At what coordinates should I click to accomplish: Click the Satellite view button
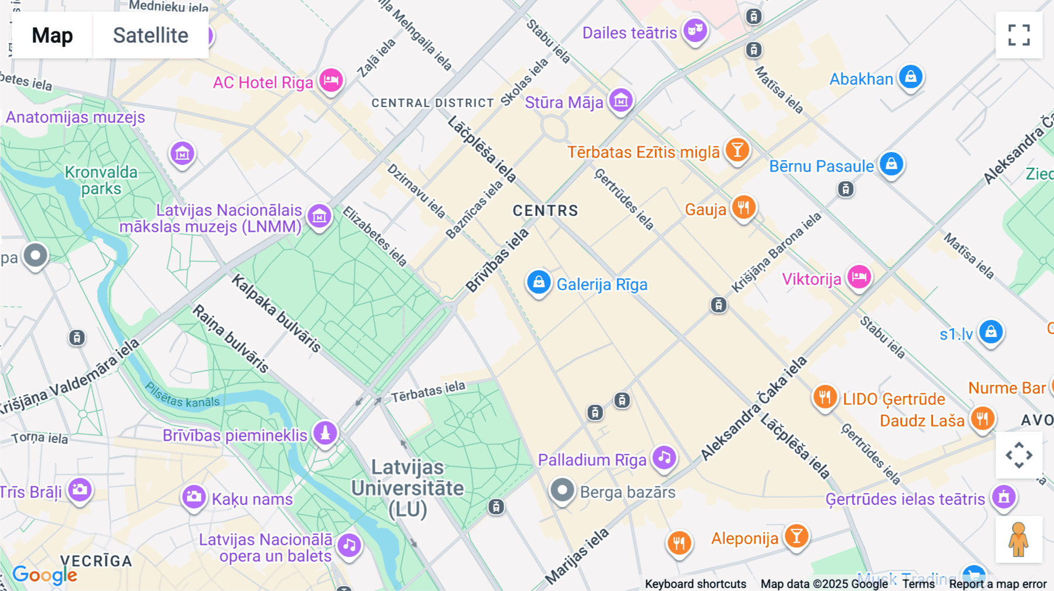150,35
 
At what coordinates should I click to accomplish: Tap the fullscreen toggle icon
1019,35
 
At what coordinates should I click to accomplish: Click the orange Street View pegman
1019,540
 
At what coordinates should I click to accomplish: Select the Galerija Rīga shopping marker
539,283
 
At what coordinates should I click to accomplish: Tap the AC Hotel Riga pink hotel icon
331,80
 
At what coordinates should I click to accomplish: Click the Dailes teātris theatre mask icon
695,29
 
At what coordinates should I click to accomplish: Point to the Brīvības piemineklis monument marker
325,434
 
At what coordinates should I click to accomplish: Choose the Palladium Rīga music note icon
664,458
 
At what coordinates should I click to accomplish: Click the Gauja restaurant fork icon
744,207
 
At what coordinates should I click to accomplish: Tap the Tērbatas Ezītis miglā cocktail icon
737,150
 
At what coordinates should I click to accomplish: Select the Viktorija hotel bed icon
859,277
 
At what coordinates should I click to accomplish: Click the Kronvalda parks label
101,180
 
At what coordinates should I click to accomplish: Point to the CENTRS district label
545,211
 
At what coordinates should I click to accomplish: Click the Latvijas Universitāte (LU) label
408,488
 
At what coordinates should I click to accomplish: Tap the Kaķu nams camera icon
193,497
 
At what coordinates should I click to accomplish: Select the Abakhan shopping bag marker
911,77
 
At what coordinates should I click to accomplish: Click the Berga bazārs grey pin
562,490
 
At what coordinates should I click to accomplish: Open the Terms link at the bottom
918,583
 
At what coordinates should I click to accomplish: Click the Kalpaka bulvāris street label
276,314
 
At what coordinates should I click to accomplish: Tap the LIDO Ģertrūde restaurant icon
824,397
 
